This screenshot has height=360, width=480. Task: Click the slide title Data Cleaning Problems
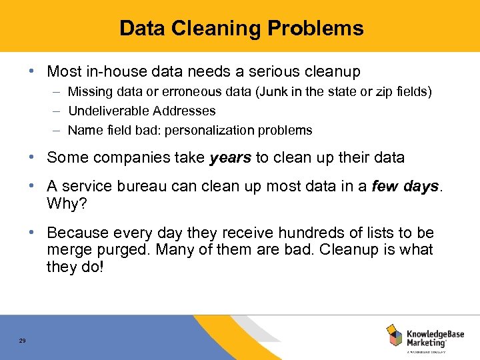241,28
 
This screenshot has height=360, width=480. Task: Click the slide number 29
23,341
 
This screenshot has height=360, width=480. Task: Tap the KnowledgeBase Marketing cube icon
394,336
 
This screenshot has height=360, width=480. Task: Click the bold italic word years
231,158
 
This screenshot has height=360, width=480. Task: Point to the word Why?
65,203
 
